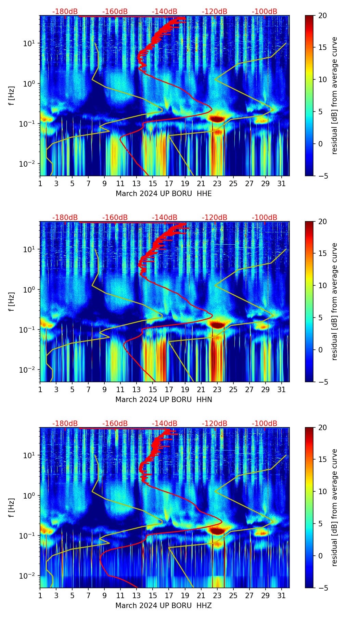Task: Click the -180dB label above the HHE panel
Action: click(x=65, y=12)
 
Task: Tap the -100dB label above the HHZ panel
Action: click(x=265, y=424)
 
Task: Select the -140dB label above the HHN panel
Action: click(x=165, y=218)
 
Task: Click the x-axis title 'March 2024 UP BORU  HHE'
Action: click(x=164, y=194)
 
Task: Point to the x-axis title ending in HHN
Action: click(x=164, y=400)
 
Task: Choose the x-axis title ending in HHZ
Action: click(x=164, y=606)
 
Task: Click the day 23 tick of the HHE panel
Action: click(x=217, y=183)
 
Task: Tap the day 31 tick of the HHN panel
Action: click(x=281, y=389)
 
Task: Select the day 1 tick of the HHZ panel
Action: click(x=40, y=595)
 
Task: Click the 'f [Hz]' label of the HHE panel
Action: click(x=12, y=96)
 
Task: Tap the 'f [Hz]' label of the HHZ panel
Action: click(x=12, y=508)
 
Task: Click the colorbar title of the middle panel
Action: click(x=334, y=301)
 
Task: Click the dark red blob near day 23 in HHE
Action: click(x=217, y=119)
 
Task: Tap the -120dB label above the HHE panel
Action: click(x=215, y=12)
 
